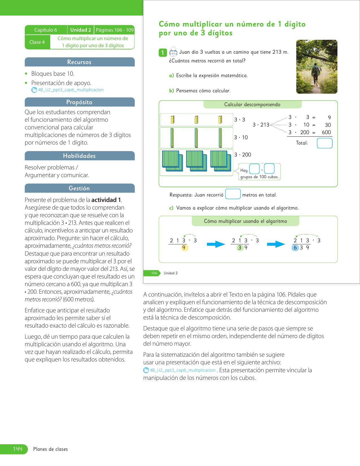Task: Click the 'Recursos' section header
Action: click(79, 62)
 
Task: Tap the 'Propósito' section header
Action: click(79, 102)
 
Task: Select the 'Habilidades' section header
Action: click(79, 156)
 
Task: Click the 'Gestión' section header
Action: click(79, 188)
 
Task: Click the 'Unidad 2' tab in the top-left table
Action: click(80, 30)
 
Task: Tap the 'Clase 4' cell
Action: click(37, 42)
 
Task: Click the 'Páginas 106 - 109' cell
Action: click(115, 30)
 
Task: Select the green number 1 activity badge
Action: click(163, 53)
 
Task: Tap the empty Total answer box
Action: click(324, 143)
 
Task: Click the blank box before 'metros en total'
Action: click(233, 194)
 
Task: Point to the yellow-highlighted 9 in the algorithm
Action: click(184, 248)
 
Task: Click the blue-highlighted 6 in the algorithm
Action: click(295, 248)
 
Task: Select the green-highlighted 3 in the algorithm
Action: click(240, 248)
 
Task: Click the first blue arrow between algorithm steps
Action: click(216, 244)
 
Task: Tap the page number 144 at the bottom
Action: click(18, 449)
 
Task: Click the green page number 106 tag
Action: click(154, 273)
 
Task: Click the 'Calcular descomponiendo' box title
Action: click(252, 104)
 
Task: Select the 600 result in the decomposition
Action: click(326, 132)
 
